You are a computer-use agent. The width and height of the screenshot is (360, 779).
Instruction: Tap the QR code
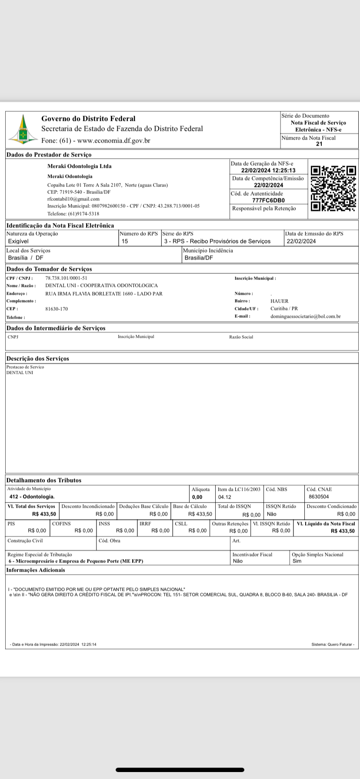click(x=333, y=188)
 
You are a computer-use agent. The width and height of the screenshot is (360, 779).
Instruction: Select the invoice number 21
click(x=319, y=144)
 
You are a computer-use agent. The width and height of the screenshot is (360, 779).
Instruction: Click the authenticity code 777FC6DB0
click(x=268, y=200)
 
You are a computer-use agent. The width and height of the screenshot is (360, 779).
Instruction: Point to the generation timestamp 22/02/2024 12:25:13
click(x=268, y=170)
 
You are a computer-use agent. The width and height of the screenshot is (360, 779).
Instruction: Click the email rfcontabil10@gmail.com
click(x=73, y=199)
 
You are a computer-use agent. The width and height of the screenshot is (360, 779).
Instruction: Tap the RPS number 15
click(x=125, y=241)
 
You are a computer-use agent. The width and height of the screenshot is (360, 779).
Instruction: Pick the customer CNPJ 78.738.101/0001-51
click(x=66, y=278)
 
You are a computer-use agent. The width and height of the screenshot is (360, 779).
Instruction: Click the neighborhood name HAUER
click(x=279, y=301)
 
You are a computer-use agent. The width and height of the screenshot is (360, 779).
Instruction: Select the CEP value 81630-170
click(x=57, y=309)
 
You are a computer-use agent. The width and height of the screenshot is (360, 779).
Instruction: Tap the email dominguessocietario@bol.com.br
click(x=305, y=316)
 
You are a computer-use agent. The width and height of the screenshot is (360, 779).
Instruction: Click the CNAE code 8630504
click(x=319, y=496)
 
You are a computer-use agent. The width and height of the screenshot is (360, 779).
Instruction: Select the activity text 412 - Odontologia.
click(x=32, y=496)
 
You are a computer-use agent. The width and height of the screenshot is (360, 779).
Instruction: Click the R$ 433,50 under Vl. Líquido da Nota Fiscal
click(x=342, y=531)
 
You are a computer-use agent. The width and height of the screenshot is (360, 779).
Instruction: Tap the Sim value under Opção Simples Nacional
click(x=297, y=561)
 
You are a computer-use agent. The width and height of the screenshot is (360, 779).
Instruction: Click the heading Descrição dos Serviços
click(x=37, y=359)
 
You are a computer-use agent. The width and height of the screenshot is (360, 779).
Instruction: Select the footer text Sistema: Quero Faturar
click(x=333, y=644)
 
